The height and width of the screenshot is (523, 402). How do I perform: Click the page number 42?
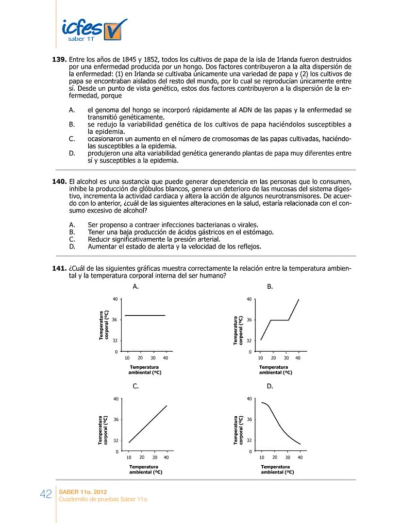click(46, 494)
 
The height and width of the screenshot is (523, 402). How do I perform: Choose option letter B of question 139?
click(71, 125)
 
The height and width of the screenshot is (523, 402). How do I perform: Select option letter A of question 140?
click(71, 225)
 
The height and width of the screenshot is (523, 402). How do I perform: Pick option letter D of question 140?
click(71, 246)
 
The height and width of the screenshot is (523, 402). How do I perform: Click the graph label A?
click(136, 287)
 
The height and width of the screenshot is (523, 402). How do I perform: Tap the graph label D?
click(270, 387)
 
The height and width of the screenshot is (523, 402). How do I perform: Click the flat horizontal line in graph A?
click(145, 315)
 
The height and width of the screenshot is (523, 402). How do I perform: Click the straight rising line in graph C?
click(148, 424)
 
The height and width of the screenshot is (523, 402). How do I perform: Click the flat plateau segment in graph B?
click(280, 320)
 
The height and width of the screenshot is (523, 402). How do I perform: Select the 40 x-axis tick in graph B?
click(298, 358)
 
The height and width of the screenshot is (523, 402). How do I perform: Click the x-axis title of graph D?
click(275, 469)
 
